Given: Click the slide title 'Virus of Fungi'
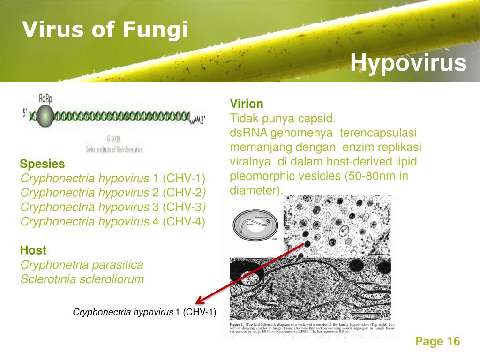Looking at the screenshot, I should point(105,30).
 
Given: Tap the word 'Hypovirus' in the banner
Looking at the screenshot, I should point(408,62).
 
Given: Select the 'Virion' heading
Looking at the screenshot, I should point(246,104).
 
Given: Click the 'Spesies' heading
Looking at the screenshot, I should point(42,164).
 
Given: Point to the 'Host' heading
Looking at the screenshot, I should point(33,250).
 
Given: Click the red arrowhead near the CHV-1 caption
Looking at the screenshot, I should point(199,301).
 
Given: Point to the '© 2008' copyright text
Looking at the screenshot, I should point(113,139).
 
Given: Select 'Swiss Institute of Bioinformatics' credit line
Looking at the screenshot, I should point(114,150).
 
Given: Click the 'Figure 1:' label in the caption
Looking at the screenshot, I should point(240,324).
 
